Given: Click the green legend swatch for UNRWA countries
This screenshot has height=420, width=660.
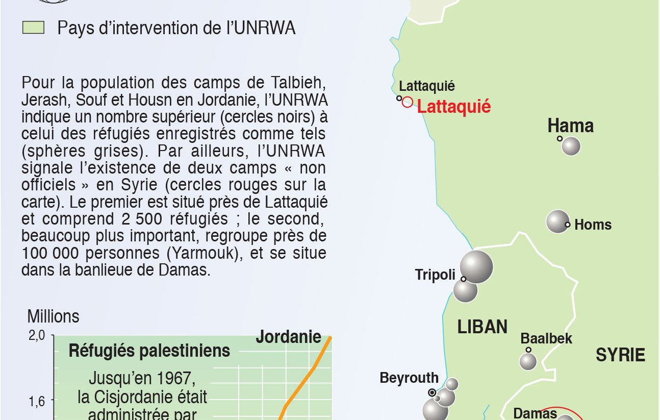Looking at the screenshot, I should point(33,28).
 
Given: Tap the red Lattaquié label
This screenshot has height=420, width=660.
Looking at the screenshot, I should point(454,107).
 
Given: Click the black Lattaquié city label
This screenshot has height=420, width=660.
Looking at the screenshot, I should point(427,86).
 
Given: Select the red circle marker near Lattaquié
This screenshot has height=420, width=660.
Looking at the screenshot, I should point(407,102).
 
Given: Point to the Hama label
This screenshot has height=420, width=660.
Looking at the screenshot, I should point(570,126).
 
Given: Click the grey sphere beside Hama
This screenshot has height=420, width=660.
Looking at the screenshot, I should point(571,146).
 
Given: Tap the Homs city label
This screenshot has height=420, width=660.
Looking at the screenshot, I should point(593,225).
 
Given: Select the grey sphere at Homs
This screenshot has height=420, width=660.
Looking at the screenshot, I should point(557,221).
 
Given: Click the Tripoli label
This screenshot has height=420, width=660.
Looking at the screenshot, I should point(435,275).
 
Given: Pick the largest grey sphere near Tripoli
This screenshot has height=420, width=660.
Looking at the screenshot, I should point(476,266).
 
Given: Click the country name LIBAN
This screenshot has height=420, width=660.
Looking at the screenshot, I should point(483,327).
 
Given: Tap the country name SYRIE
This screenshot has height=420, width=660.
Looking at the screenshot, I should point(620,355).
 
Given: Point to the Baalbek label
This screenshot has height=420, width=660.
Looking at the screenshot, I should point(546,338).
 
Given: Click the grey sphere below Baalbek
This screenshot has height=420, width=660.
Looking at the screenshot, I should point(528,361).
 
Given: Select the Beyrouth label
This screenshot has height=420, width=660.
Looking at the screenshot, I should point(409,378).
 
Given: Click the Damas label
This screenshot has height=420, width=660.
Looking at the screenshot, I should point(535,413).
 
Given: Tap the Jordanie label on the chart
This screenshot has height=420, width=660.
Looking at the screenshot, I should point(288,337).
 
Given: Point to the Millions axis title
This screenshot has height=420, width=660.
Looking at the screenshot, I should point(53,316).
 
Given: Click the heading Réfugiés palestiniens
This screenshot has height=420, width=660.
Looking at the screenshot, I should point(149,351).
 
